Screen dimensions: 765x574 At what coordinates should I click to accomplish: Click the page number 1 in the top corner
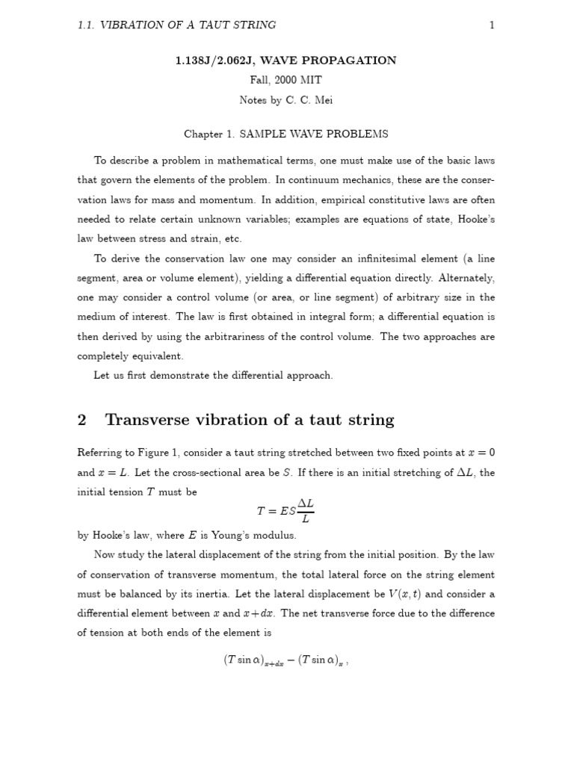point(492,25)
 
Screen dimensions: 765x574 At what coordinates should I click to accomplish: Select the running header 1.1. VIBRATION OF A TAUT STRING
point(177,25)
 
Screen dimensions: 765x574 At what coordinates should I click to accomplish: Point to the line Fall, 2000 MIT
point(286,79)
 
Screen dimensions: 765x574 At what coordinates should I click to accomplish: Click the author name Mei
point(322,99)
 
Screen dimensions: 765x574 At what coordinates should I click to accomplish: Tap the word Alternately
point(464,278)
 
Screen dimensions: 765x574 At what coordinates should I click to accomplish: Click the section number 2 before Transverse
point(82,420)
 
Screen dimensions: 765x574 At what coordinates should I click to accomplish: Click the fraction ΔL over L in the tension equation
point(306,510)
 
